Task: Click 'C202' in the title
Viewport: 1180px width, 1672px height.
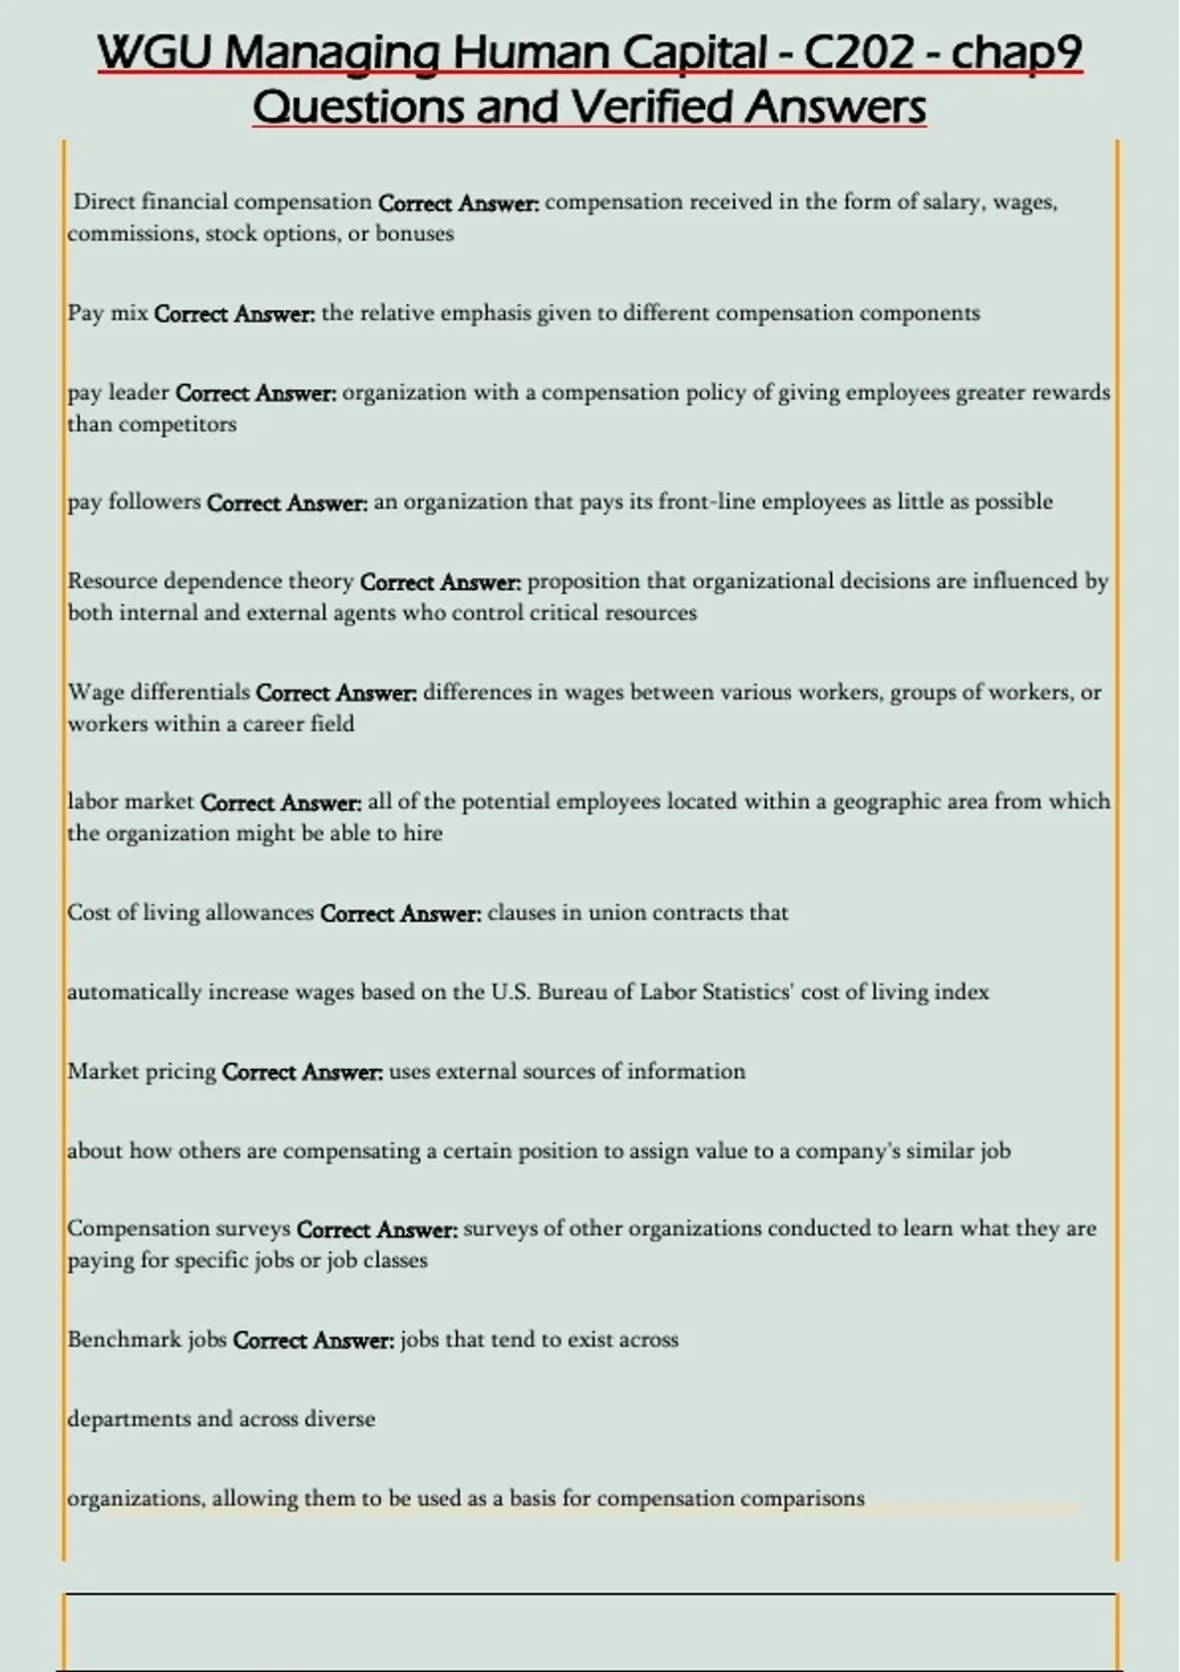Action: (858, 54)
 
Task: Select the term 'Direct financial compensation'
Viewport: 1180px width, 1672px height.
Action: (222, 203)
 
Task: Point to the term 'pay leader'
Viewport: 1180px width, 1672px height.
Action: (118, 393)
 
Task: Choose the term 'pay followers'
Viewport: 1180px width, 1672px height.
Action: (134, 503)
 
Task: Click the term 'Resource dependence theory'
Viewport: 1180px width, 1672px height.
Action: (210, 581)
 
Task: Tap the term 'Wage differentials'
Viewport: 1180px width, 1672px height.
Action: (158, 692)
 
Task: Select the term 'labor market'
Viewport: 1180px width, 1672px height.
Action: (131, 803)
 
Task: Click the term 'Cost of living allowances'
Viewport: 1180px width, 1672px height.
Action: (190, 913)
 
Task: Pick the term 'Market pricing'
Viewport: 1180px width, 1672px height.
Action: (142, 1071)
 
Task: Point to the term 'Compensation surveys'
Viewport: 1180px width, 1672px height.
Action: (179, 1228)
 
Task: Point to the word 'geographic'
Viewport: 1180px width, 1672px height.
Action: (886, 802)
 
